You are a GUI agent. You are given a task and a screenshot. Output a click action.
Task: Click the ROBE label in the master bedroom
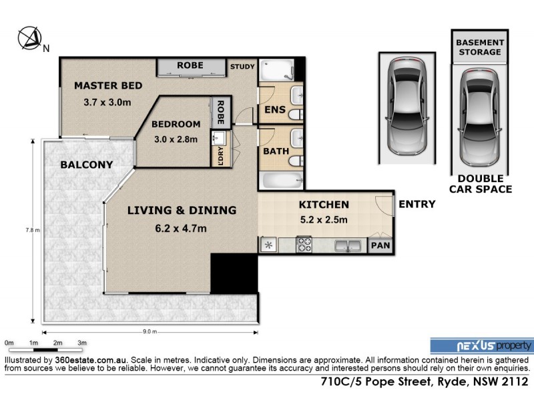(x=190, y=66)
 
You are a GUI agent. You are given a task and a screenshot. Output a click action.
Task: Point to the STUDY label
(x=242, y=67)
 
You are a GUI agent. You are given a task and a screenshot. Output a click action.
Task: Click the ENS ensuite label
(x=271, y=110)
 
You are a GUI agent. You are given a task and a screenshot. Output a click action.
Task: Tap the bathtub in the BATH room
(x=280, y=181)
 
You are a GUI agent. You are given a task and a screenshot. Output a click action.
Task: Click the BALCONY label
(x=86, y=165)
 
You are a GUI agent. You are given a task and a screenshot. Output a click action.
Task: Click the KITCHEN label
(x=323, y=205)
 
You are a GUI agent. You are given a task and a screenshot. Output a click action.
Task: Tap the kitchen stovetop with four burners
(x=304, y=245)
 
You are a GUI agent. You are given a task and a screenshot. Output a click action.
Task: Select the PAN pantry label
(x=382, y=245)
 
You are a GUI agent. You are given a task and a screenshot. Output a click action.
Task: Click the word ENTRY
(x=417, y=205)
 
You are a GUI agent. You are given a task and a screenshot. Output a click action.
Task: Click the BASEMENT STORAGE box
(x=479, y=47)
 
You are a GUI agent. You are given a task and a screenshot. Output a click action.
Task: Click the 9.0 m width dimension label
(x=149, y=331)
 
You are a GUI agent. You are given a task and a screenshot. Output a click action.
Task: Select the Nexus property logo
(x=481, y=345)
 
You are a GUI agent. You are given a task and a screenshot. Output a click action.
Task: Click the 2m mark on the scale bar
(x=58, y=343)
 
